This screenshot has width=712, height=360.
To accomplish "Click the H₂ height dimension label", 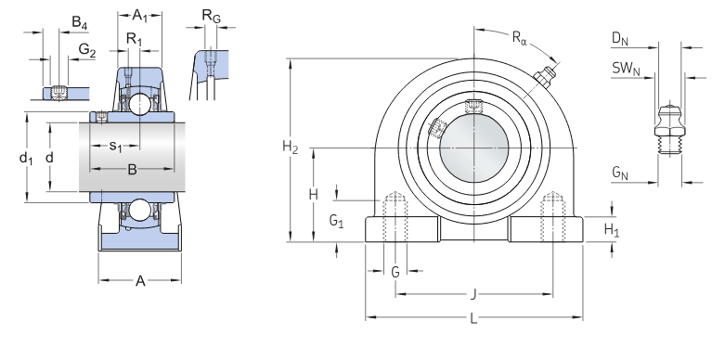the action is (x=291, y=148).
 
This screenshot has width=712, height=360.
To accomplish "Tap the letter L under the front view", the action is (x=473, y=318).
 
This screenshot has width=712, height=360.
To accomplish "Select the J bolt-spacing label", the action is (x=473, y=295).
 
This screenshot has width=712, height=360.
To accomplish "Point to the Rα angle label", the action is (x=520, y=37).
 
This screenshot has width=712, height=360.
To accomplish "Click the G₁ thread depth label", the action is (x=336, y=221).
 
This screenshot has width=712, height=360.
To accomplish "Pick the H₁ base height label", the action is (x=611, y=230).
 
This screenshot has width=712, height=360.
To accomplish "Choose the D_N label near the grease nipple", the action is (x=620, y=39).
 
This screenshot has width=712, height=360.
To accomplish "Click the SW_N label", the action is (x=626, y=69).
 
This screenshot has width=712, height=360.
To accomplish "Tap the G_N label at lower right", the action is (x=620, y=173).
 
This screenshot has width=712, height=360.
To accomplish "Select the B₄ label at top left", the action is (x=80, y=22).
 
